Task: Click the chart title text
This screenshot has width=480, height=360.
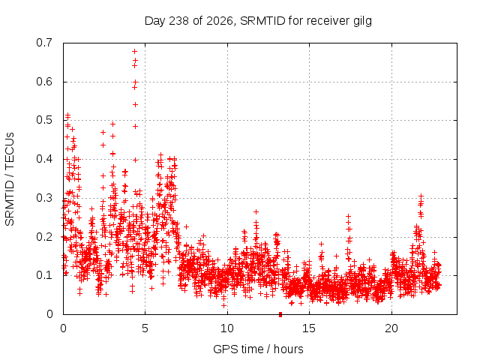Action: click(x=258, y=21)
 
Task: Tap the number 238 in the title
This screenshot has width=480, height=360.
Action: click(x=179, y=21)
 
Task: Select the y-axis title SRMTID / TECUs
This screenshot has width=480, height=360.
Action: click(x=10, y=178)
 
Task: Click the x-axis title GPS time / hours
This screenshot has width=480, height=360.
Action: click(x=258, y=349)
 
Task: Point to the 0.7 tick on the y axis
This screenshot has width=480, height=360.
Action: click(x=44, y=43)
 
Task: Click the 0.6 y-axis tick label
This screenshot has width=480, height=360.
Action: click(x=44, y=82)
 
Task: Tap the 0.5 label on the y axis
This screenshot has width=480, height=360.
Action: click(x=44, y=120)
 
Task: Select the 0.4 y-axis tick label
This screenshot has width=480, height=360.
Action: click(x=44, y=159)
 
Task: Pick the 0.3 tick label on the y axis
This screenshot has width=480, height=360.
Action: click(x=44, y=198)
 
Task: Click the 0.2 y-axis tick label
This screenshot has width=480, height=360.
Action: click(x=44, y=237)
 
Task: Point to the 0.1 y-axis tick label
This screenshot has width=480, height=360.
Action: click(x=44, y=275)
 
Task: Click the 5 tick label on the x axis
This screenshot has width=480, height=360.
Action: click(x=145, y=328)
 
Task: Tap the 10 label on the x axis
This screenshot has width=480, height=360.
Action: click(x=226, y=328)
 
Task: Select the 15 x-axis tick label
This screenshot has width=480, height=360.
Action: click(x=309, y=328)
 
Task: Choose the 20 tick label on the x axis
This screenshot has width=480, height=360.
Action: click(x=391, y=328)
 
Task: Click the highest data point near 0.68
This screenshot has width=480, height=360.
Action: click(x=134, y=52)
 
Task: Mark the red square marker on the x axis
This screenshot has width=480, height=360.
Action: click(x=280, y=314)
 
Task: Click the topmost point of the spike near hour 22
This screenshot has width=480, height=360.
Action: click(x=421, y=196)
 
